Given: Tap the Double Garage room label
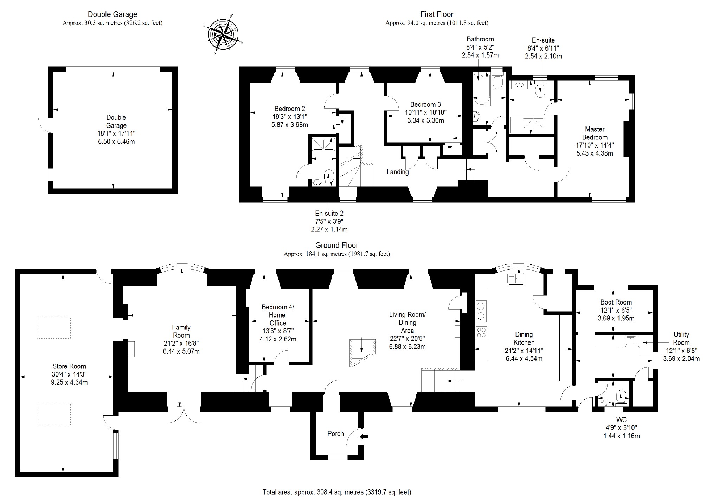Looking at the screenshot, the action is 116,122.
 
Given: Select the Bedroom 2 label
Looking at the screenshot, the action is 290,109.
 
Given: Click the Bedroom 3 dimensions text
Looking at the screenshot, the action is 425,117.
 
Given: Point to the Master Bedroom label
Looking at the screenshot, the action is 595,133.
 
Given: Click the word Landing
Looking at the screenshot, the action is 397,172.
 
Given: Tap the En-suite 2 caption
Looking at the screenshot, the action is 329,213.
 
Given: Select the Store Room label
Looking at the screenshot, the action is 69,366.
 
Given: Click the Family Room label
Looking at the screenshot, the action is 181,331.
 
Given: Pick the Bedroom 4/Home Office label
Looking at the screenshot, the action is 278,315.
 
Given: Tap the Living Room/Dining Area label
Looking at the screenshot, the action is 407,322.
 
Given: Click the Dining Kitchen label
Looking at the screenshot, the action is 524,338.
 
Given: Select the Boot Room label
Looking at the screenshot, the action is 616,302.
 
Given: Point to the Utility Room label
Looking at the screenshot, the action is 681,338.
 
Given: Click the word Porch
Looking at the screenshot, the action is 335,433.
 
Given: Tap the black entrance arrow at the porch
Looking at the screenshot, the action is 365,437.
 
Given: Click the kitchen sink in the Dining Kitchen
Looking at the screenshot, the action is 515,279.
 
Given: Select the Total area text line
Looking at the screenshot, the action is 336,492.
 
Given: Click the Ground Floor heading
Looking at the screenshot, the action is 336,246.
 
